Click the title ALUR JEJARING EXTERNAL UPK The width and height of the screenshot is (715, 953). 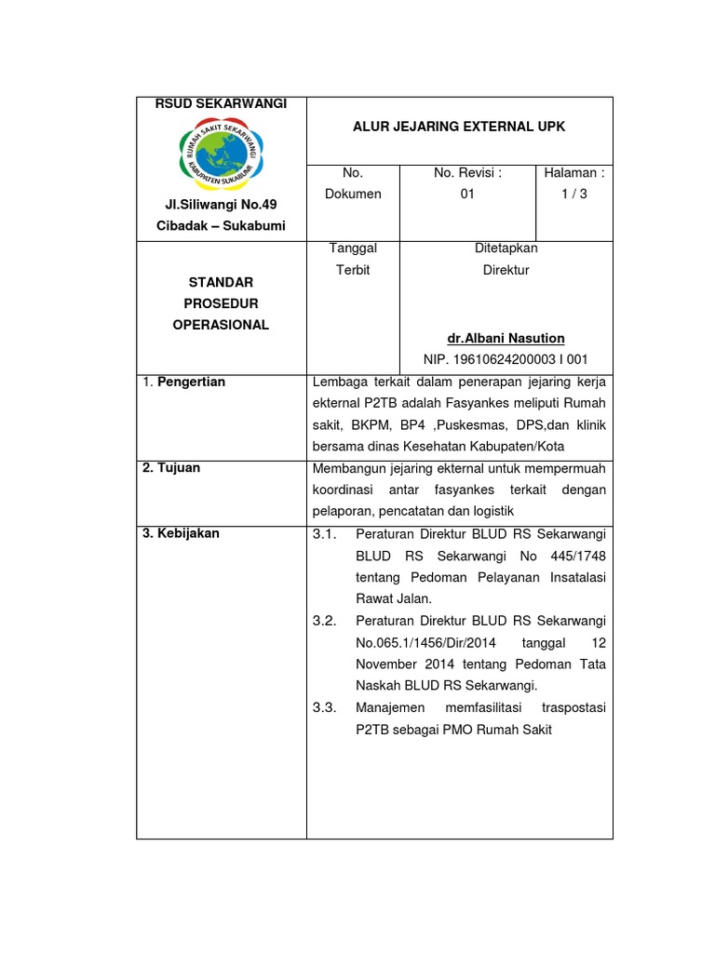(x=458, y=126)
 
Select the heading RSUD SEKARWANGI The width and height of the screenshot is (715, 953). (x=221, y=103)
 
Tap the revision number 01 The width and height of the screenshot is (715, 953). (x=467, y=194)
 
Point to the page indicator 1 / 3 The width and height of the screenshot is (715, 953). (x=574, y=194)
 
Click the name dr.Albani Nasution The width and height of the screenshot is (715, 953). (x=506, y=338)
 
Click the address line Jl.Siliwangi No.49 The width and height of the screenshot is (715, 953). (x=221, y=204)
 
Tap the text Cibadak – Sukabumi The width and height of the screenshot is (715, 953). (x=221, y=226)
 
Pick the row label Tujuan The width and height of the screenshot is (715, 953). (x=170, y=468)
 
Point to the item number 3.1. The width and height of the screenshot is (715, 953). (x=324, y=534)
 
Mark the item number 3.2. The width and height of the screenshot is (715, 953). (x=324, y=621)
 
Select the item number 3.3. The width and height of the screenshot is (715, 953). (x=324, y=708)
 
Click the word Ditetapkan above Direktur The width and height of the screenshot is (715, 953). (x=506, y=248)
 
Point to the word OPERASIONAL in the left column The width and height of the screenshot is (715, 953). (x=221, y=325)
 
